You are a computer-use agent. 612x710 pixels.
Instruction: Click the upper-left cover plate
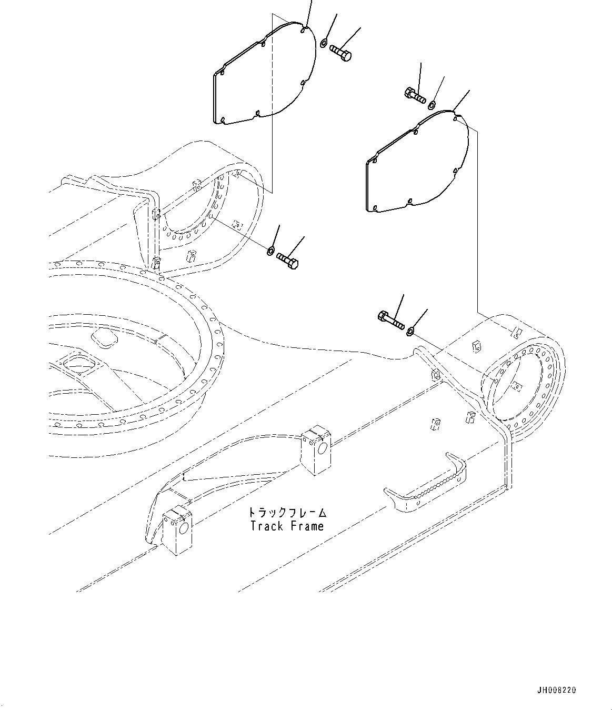(x=263, y=76)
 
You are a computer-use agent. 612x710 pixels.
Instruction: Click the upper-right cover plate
(x=416, y=163)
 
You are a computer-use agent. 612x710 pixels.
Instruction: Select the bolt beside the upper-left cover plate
(x=341, y=52)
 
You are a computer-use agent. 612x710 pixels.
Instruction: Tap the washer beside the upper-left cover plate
(x=325, y=43)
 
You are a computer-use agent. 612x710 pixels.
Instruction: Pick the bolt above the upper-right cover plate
(x=415, y=96)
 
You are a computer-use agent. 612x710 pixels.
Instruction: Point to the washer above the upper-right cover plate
(x=432, y=104)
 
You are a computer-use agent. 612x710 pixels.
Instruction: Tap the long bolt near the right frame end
(x=390, y=320)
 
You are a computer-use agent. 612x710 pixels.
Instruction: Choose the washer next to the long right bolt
(x=410, y=330)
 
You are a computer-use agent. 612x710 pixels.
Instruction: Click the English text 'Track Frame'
(x=287, y=526)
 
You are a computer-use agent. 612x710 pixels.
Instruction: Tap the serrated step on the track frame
(x=426, y=483)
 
